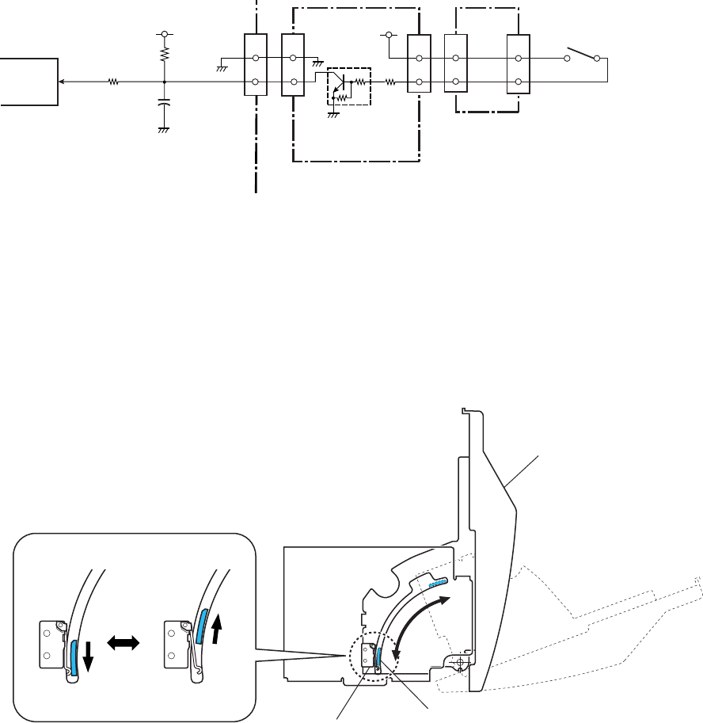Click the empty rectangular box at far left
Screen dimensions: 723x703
[28, 82]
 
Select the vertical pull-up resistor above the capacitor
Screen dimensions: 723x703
[164, 55]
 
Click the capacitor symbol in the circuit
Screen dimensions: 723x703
[164, 103]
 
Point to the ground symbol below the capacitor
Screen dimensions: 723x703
[164, 129]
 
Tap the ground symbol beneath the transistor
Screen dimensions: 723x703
[333, 112]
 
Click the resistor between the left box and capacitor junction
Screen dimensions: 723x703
[113, 82]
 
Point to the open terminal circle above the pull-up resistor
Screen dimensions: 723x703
[164, 34]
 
